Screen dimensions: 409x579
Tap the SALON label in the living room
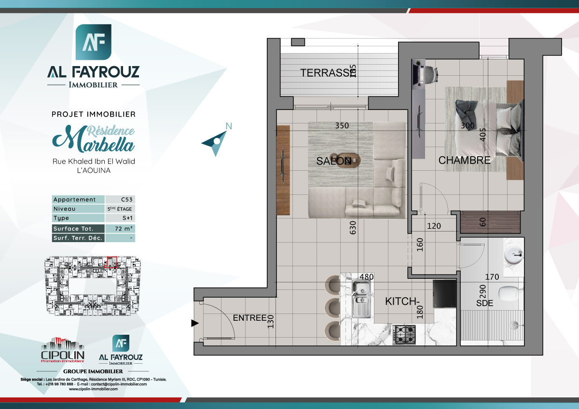[x=334, y=162]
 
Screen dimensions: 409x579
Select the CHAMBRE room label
[x=464, y=161]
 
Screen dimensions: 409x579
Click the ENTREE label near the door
[x=249, y=318]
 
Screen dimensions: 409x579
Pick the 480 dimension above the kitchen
[x=367, y=277]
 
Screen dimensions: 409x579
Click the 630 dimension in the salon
[x=353, y=228]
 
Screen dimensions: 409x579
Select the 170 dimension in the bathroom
[x=492, y=277]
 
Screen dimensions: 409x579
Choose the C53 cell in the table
[x=120, y=200]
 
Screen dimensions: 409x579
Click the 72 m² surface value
[x=120, y=229]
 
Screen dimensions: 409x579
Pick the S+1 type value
[x=120, y=218]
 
